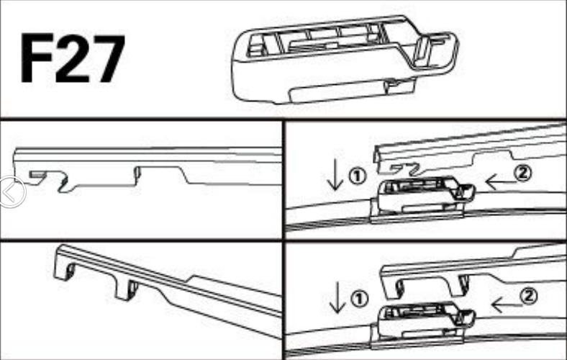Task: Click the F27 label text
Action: (x=73, y=58)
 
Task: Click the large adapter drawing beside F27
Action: (x=345, y=60)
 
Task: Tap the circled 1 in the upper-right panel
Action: (x=358, y=176)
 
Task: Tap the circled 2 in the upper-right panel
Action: (x=523, y=173)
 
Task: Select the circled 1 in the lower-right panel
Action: (x=359, y=299)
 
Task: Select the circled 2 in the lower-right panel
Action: (x=529, y=297)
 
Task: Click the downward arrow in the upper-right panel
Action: (x=335, y=174)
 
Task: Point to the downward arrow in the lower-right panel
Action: (x=337, y=297)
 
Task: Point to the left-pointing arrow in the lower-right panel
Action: (x=507, y=305)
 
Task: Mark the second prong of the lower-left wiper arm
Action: (x=127, y=289)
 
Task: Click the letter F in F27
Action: (x=37, y=58)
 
